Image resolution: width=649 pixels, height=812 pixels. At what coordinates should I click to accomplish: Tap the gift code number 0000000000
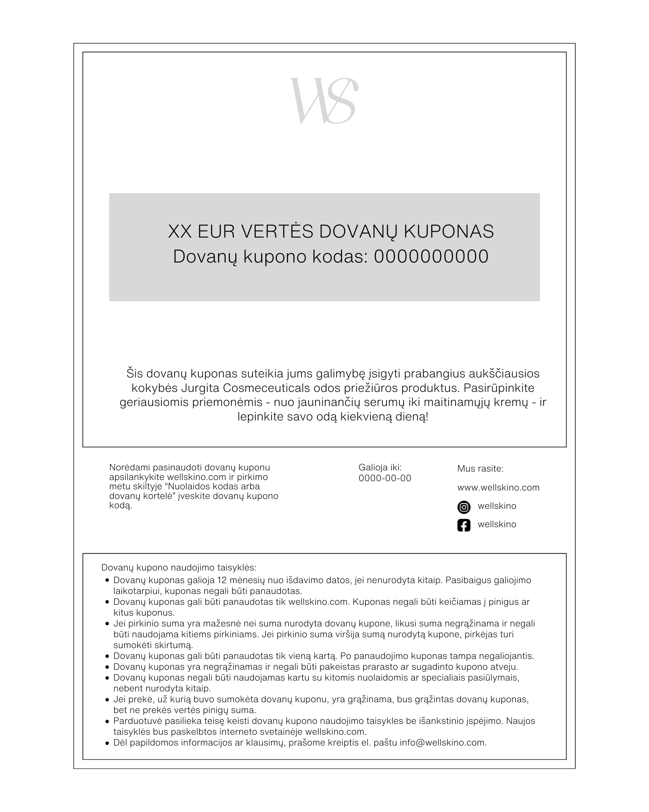[431, 257]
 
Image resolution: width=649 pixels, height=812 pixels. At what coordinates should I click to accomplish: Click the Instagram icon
[464, 507]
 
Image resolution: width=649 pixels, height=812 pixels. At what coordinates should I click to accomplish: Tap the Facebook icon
[464, 525]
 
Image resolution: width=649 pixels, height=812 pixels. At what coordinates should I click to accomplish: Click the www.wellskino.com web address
[498, 488]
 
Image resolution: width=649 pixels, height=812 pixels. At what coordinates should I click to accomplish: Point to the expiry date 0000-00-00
[385, 478]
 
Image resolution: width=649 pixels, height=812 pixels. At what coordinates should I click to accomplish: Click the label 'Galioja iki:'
[380, 467]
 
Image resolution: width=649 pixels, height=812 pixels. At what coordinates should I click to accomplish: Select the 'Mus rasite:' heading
[480, 469]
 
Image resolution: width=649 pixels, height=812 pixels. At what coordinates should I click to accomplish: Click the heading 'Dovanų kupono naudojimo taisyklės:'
[179, 567]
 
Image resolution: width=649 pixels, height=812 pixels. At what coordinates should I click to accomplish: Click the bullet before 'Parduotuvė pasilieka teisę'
[107, 721]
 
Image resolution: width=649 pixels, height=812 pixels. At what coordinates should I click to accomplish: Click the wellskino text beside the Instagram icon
[497, 506]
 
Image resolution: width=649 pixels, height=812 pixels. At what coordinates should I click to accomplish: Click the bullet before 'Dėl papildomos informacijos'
[107, 743]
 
